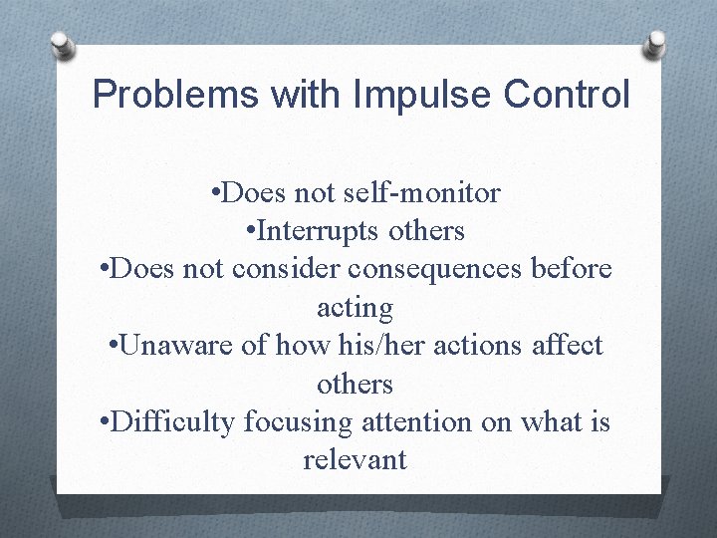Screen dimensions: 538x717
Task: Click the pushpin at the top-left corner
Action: point(61,45)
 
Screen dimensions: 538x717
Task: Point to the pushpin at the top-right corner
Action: point(655,42)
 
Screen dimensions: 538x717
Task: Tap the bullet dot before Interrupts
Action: point(250,232)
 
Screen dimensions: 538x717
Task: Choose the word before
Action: point(575,270)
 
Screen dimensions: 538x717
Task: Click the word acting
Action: point(355,308)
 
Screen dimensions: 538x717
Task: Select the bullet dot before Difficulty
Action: point(106,422)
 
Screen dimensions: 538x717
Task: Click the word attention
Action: point(405,421)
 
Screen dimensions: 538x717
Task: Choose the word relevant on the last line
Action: point(355,459)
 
